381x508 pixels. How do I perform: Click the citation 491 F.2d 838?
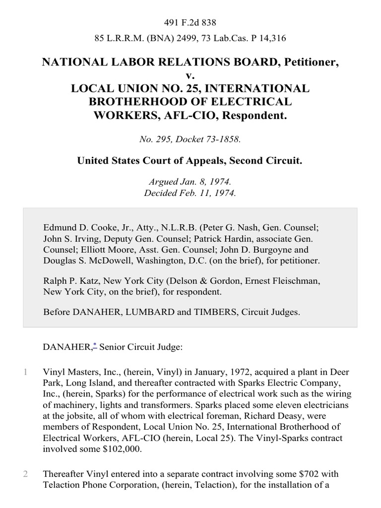(x=190, y=22)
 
